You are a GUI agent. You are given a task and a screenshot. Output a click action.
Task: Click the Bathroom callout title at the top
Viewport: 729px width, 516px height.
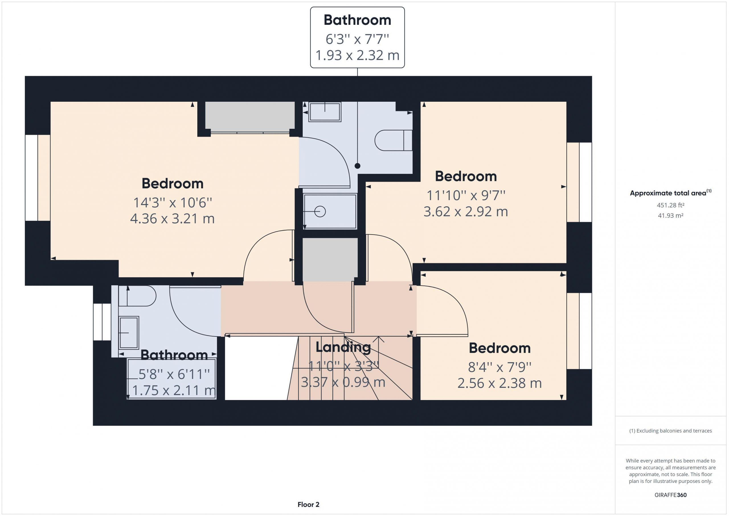pos(357,20)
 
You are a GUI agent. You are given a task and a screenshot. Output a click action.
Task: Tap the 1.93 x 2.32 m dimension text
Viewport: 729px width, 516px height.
pos(357,55)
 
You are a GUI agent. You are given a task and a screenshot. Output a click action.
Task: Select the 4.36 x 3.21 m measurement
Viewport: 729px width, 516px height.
pos(172,219)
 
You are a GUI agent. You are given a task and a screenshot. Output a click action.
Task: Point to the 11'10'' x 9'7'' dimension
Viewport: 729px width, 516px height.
pos(466,195)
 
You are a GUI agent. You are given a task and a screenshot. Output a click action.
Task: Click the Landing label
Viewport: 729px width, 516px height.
pos(343,347)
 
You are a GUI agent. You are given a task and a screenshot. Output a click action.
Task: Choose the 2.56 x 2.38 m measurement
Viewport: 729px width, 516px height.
pos(499,383)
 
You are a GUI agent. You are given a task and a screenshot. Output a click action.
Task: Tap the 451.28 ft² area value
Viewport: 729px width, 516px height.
pos(671,205)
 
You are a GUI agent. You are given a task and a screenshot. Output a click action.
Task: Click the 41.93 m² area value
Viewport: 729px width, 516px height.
pos(671,215)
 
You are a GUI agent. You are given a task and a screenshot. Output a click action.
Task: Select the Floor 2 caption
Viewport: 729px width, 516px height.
pos(308,505)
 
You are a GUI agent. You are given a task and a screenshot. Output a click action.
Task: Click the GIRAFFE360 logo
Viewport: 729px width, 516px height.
pos(671,495)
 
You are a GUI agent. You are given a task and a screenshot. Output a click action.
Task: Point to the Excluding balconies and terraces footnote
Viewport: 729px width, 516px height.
pos(671,431)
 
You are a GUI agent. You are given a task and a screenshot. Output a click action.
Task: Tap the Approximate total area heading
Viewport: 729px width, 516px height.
pos(671,193)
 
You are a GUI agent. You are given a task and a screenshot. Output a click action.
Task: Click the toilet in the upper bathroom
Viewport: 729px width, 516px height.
pos(393,140)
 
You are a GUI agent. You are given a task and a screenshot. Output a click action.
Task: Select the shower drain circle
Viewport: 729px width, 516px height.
pos(320,212)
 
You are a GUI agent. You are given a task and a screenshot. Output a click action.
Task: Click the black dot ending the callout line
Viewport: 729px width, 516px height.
pos(357,166)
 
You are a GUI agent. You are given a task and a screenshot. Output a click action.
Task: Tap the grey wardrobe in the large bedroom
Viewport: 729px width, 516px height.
pos(250,117)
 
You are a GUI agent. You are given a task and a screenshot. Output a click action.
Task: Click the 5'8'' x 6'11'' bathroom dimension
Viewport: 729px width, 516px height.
pos(174,374)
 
